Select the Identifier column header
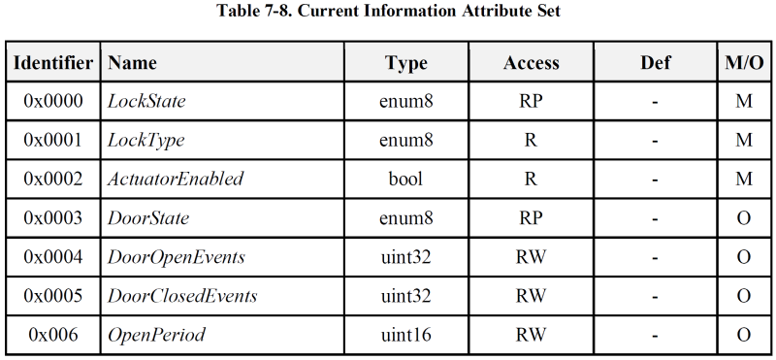click(52, 63)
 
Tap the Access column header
click(531, 63)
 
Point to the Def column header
click(655, 63)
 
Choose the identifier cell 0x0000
click(52, 101)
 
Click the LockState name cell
click(146, 101)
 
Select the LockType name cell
click(145, 140)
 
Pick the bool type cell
click(406, 179)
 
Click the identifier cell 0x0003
click(52, 217)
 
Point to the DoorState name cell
click(147, 217)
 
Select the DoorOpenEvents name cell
click(176, 257)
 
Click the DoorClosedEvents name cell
click(182, 296)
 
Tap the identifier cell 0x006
click(52, 335)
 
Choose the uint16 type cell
click(406, 335)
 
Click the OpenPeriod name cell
click(156, 335)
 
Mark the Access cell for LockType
click(531, 140)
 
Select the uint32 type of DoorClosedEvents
click(406, 296)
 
